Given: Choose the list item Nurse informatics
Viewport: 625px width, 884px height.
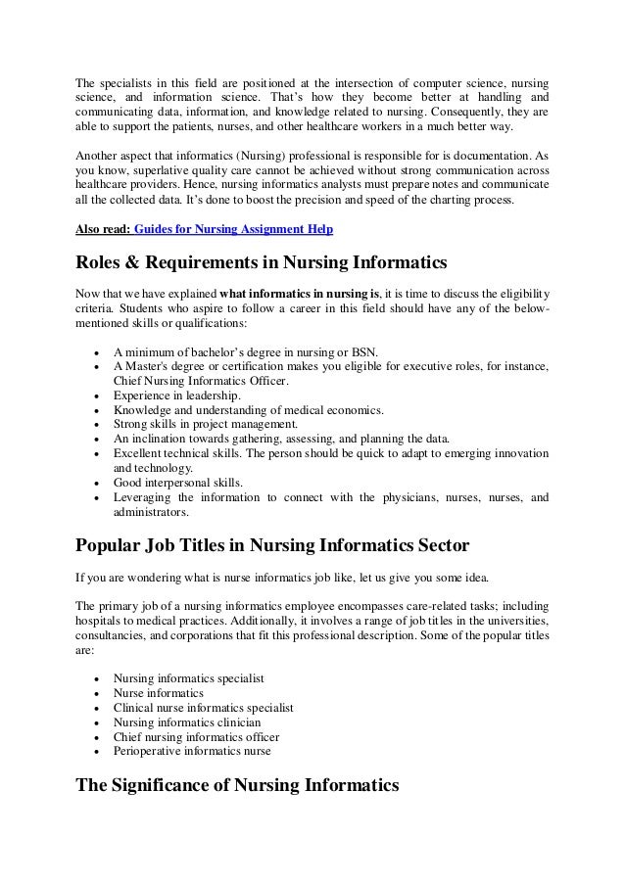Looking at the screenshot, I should click(x=160, y=692).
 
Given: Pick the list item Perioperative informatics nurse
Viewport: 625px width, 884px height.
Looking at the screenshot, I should click(x=192, y=751).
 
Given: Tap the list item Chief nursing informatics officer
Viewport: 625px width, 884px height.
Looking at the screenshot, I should click(x=196, y=736).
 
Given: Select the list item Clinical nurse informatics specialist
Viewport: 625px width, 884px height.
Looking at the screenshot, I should click(x=204, y=707).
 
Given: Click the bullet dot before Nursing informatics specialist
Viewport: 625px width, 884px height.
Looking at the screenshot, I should click(x=93, y=678).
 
